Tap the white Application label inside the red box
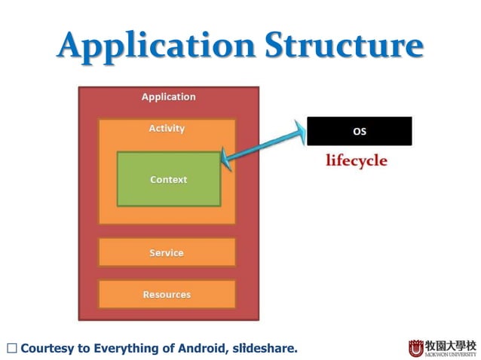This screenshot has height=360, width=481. (x=168, y=97)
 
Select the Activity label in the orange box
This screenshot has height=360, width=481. (x=167, y=129)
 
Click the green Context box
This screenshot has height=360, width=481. (x=169, y=179)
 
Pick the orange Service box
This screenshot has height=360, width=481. (x=167, y=252)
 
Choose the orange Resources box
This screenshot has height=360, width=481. (x=167, y=294)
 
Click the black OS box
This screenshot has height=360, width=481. (x=360, y=131)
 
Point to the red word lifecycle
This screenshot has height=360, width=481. (x=357, y=160)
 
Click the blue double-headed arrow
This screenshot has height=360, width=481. (x=264, y=144)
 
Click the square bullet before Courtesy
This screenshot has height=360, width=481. (x=11, y=349)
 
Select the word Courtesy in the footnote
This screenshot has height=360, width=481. (x=49, y=349)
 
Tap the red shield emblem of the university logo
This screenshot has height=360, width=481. (x=416, y=348)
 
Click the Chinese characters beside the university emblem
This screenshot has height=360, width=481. (x=451, y=344)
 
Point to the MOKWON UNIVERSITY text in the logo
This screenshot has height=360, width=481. (x=451, y=353)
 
